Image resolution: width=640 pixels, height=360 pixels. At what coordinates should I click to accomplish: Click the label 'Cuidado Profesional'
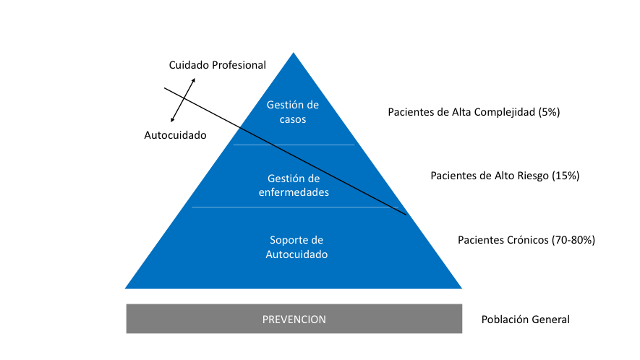coord(217,65)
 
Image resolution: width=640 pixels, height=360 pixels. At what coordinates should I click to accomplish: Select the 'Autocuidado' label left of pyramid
coord(175,135)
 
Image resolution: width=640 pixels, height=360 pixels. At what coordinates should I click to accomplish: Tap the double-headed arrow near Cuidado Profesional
coord(183,99)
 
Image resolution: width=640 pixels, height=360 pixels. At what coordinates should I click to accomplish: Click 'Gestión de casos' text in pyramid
coord(292,112)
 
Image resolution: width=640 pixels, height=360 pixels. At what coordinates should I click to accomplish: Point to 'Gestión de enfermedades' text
coord(294,185)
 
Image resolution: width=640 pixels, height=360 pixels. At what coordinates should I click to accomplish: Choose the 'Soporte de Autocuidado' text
coord(296,247)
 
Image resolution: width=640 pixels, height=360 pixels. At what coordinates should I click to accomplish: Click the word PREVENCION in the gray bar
coord(294,319)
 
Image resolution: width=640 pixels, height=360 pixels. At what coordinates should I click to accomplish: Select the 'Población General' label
coord(525,320)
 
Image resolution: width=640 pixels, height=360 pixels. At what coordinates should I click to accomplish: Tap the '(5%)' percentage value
coord(549,112)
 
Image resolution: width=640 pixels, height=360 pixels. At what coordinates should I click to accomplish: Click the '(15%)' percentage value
coord(566,176)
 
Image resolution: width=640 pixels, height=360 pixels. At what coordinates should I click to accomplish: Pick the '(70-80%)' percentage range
coord(573,239)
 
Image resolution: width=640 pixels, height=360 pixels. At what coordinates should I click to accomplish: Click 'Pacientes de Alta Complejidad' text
coord(461,112)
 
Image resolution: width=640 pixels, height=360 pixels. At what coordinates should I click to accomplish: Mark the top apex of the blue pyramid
coord(293,54)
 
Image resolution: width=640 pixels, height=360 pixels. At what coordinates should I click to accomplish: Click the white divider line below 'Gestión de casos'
coord(294,145)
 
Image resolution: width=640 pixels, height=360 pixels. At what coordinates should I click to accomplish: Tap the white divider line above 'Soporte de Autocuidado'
coord(294,207)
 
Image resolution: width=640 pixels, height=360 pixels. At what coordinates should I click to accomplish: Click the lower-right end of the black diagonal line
coord(406,214)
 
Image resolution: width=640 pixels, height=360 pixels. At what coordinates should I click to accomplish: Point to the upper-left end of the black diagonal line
coord(166,88)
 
